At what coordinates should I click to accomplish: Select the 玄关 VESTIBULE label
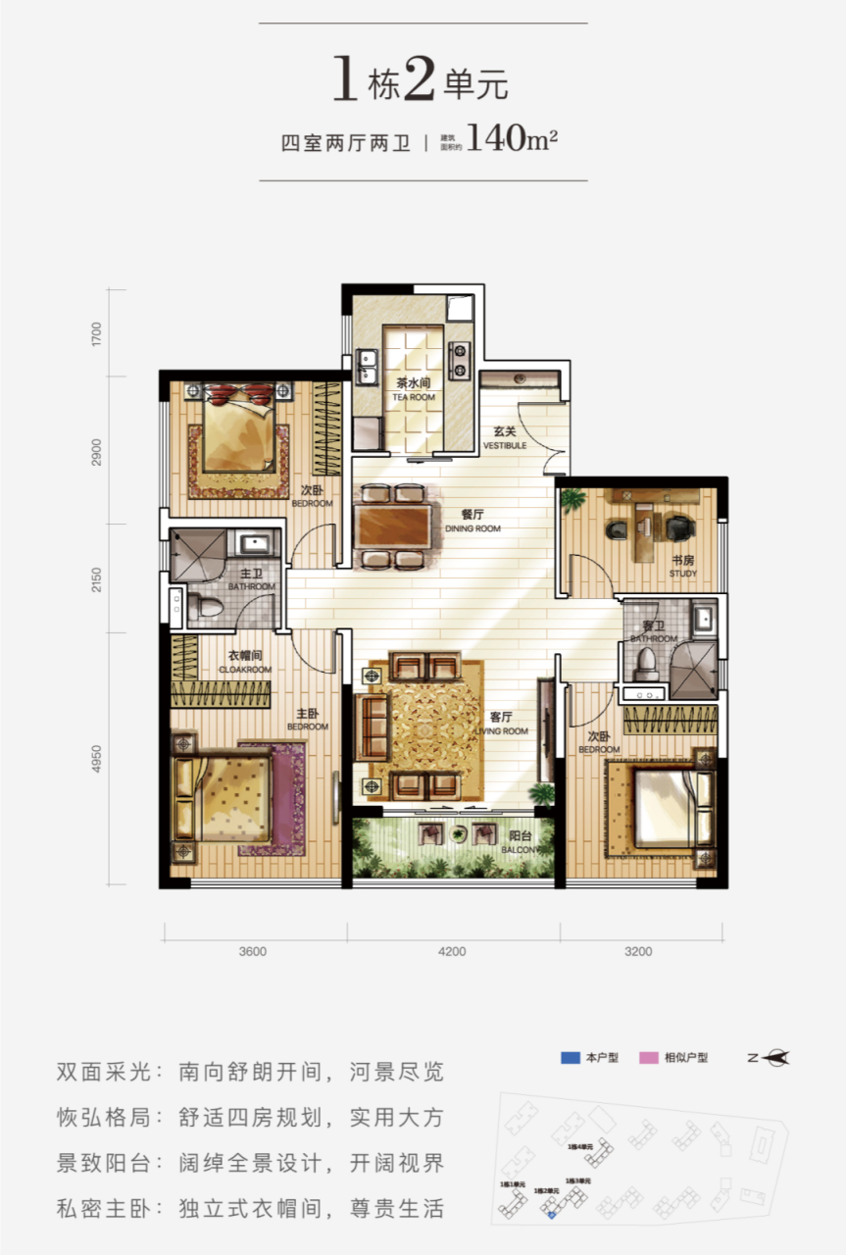point(505,438)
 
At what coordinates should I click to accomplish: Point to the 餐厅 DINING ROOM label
point(473,520)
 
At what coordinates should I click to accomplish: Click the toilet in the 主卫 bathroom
point(202,606)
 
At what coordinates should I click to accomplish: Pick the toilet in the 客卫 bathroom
point(645,667)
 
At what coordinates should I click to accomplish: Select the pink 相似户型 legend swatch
point(648,1057)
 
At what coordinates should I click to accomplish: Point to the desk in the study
point(652,507)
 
